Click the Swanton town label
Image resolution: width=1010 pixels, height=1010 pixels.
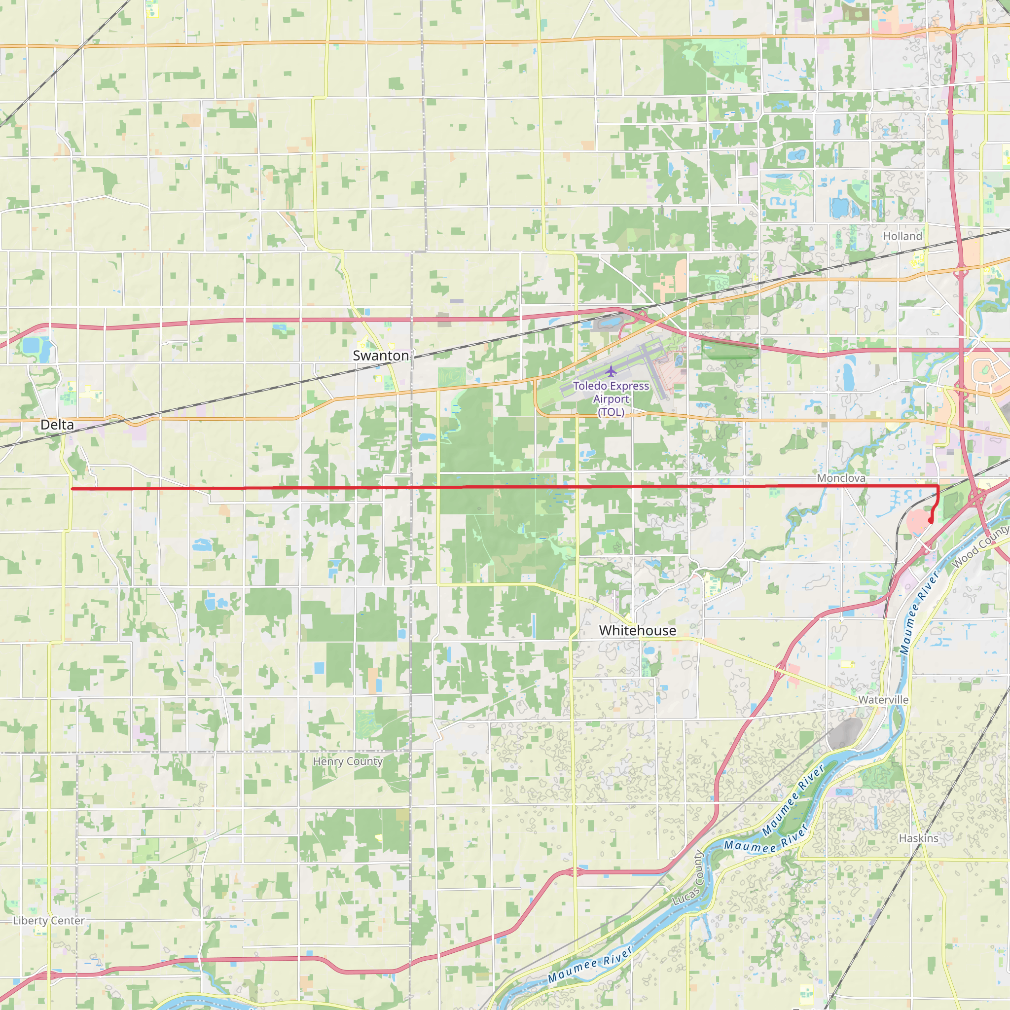[381, 356]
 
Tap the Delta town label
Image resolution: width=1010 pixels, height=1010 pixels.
[57, 425]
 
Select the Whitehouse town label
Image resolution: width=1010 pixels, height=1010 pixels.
[637, 630]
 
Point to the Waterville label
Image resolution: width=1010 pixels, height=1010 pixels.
[883, 699]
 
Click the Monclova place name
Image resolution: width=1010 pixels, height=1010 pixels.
[841, 478]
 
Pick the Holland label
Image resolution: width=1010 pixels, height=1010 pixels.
[902, 236]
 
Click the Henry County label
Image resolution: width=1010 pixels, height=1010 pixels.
[348, 761]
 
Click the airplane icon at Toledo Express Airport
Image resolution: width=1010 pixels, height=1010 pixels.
[611, 372]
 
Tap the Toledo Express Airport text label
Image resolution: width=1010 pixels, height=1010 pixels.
[611, 399]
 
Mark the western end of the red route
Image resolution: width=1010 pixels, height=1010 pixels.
[72, 489]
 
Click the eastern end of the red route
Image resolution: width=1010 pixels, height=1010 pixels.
[931, 521]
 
